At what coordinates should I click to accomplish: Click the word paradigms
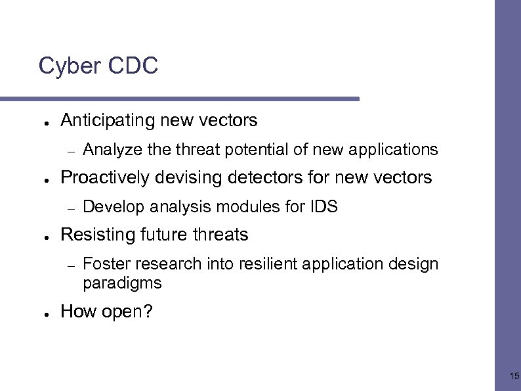tap(122, 283)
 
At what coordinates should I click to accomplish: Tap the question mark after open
tap(148, 311)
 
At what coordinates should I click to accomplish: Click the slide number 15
tap(514, 377)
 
